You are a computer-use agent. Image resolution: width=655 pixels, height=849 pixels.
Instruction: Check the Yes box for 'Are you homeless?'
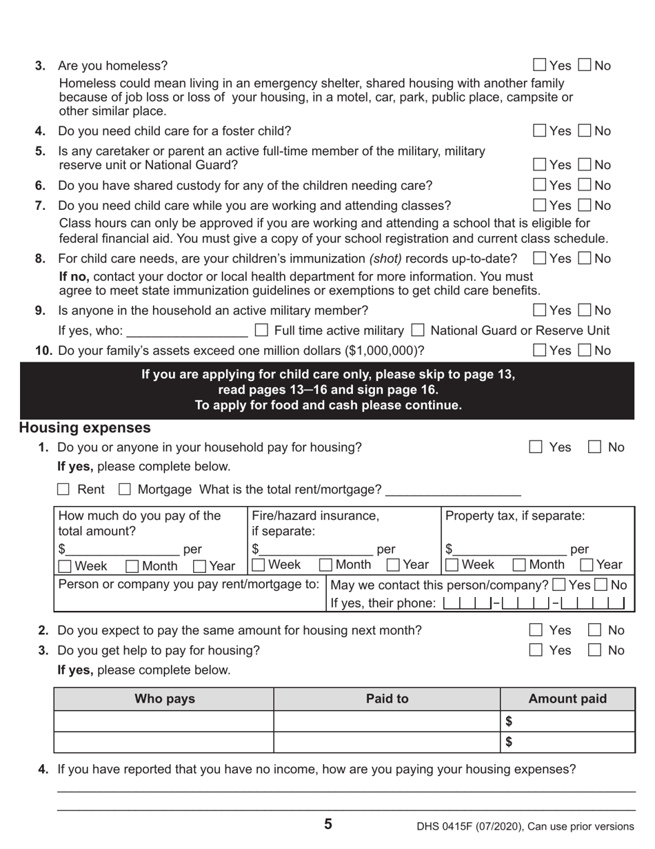coord(540,66)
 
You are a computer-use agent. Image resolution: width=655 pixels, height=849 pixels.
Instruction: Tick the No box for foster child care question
coord(585,131)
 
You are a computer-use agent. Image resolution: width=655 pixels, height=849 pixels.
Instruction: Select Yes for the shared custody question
coord(540,186)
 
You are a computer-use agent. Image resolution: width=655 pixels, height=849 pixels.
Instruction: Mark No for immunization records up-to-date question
coord(585,259)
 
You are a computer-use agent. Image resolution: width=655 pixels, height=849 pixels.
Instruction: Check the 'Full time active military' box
coord(262,331)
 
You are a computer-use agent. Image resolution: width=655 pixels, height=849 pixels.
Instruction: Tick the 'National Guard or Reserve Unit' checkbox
coord(418,331)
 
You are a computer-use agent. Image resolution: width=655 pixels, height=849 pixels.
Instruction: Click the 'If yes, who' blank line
coord(187,332)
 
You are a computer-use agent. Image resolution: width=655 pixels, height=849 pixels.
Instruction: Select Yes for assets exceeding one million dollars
coord(540,351)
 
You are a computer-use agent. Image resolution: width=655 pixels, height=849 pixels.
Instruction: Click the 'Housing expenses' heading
coord(85,428)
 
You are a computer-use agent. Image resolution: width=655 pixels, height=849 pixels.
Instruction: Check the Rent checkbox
coord(63,489)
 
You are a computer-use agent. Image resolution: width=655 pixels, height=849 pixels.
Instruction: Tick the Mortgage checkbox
coord(125,489)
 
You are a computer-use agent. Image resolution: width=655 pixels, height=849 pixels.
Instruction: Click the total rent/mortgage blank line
coord(453,491)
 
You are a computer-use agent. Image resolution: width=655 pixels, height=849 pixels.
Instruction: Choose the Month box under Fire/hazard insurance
coord(327,565)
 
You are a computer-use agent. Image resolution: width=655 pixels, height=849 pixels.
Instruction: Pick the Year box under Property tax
coord(587,565)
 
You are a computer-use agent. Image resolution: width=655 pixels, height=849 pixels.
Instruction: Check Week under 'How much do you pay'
coord(65,567)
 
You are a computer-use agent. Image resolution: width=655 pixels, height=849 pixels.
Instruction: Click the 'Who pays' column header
coord(164,699)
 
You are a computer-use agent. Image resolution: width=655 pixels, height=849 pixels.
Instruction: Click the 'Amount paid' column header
coord(567,699)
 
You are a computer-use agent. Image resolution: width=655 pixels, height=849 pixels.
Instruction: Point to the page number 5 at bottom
coord(328,824)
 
